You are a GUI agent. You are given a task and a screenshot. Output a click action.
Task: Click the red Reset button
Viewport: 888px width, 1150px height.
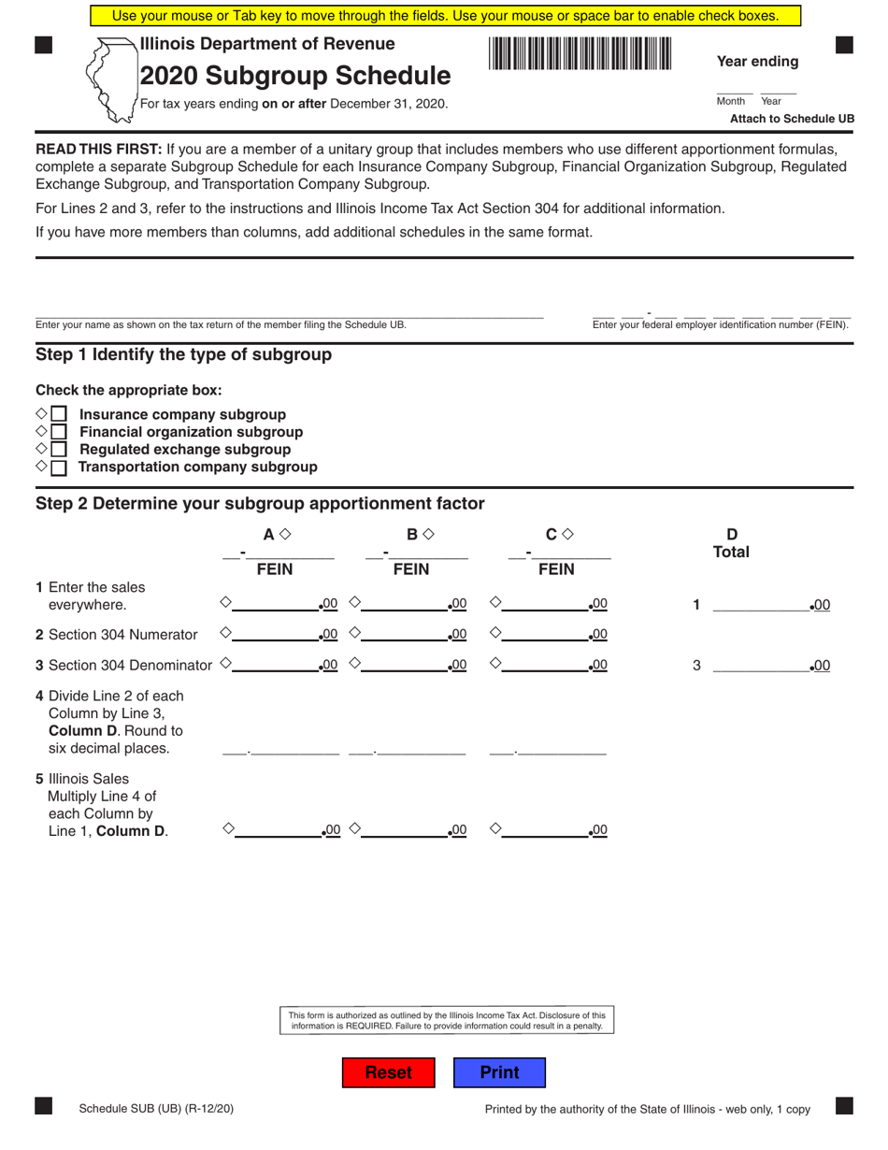pyautogui.click(x=388, y=1072)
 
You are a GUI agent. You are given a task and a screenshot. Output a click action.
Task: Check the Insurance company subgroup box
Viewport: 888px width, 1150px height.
pyautogui.click(x=59, y=414)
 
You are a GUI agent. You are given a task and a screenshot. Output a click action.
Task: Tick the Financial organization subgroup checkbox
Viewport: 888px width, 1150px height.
pyautogui.click(x=59, y=432)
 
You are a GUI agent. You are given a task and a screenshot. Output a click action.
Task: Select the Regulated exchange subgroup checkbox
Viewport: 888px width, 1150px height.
pyautogui.click(x=59, y=450)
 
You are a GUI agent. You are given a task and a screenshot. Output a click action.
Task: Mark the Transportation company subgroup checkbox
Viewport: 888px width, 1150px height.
pyautogui.click(x=59, y=467)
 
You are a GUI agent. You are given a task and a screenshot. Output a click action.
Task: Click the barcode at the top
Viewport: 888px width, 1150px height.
pyautogui.click(x=580, y=53)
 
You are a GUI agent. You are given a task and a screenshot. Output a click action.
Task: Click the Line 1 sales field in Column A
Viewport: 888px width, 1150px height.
pyautogui.click(x=277, y=604)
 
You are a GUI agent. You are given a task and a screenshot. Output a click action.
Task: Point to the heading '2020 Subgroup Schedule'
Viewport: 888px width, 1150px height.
pyautogui.click(x=294, y=76)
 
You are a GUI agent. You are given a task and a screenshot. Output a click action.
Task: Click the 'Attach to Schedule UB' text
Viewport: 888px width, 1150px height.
pyautogui.click(x=791, y=119)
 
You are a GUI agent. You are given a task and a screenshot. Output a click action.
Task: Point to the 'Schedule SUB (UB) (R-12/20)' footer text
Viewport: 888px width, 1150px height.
pyautogui.click(x=156, y=1109)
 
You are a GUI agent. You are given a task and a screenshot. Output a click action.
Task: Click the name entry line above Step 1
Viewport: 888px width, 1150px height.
pyautogui.click(x=289, y=312)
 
